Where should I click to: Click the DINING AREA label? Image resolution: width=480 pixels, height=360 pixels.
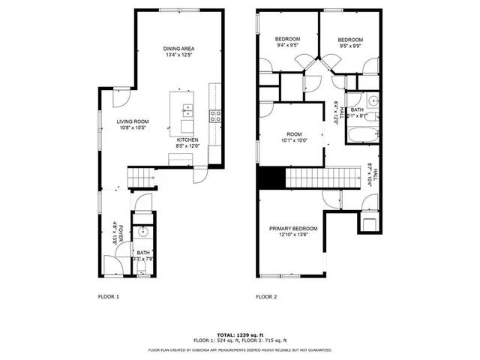click(x=178, y=49)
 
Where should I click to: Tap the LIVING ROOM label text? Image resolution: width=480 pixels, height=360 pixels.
click(x=132, y=121)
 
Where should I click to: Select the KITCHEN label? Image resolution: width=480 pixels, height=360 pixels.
click(x=187, y=139)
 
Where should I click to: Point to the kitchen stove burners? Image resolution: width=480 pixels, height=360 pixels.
click(x=215, y=115)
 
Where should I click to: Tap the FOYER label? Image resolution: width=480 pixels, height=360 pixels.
click(x=115, y=232)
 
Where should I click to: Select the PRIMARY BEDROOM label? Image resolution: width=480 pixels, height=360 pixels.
click(x=294, y=229)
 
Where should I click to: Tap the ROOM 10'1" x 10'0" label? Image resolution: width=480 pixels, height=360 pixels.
click(x=294, y=136)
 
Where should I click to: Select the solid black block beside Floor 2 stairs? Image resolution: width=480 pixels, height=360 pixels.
click(x=271, y=178)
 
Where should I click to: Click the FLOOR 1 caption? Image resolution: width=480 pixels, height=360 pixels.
click(x=109, y=297)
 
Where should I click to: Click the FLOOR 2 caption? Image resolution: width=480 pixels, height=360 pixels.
click(x=266, y=297)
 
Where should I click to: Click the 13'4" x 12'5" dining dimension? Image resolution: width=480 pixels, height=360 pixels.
click(x=178, y=55)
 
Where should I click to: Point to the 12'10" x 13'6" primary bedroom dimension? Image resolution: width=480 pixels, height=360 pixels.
click(x=294, y=235)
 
